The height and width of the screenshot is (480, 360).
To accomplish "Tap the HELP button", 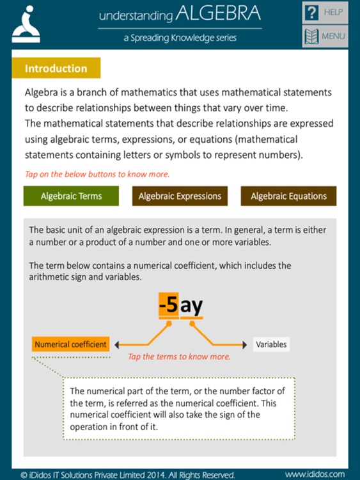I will click(x=324, y=13).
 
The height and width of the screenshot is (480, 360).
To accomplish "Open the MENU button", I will click(x=324, y=36).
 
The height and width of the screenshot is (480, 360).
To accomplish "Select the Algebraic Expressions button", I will click(x=180, y=196).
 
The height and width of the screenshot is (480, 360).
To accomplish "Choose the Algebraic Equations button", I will click(x=288, y=196).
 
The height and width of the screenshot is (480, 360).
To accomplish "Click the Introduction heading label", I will click(x=56, y=68).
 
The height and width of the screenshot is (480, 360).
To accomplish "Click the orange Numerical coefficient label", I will click(x=70, y=344).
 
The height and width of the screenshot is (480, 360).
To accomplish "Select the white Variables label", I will click(x=271, y=344).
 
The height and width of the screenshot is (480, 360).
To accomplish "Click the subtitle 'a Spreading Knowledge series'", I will click(x=180, y=38).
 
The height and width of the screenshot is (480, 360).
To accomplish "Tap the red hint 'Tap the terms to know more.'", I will click(x=179, y=357).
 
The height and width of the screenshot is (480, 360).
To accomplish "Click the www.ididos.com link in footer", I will click(x=316, y=475).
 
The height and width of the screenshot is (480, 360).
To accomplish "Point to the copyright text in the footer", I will click(x=128, y=475).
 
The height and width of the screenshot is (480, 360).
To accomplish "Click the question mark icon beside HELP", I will click(x=311, y=13).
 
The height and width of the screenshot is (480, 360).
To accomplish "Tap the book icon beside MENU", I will click(x=311, y=36).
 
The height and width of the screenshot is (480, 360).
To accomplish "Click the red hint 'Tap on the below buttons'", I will click(x=97, y=174).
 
